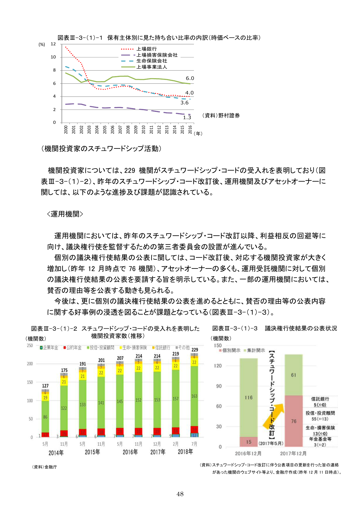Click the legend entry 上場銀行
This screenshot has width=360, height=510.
146,49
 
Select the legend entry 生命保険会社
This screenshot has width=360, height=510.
152,61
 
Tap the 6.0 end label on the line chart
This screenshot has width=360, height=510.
190,78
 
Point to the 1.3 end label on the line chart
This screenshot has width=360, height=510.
187,117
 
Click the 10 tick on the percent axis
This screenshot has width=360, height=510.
53,57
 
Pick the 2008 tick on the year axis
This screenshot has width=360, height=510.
128,130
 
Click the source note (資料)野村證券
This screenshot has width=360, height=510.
221,116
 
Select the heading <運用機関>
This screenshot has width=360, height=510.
65,214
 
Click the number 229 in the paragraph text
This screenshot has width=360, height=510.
129,171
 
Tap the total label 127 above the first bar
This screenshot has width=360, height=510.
45,386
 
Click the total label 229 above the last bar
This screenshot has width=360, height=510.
195,350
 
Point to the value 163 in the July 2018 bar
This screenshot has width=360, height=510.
194,396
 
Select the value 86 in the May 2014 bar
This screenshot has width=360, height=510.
45,417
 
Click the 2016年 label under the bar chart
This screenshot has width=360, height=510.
130,452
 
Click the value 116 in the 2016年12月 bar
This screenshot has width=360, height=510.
249,398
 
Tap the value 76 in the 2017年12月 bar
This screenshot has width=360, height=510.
294,421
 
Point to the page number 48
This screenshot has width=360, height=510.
180,494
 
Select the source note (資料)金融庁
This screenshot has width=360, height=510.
44,467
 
